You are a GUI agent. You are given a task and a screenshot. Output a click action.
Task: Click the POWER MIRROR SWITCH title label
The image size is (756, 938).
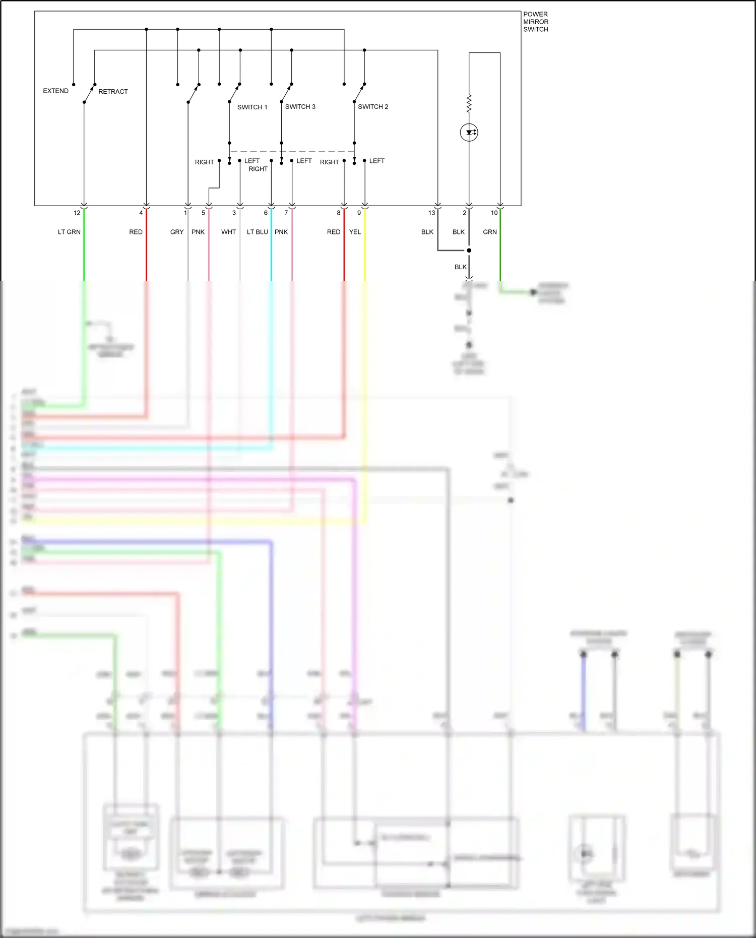click(x=535, y=22)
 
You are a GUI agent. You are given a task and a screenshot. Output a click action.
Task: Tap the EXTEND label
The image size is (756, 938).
click(x=55, y=91)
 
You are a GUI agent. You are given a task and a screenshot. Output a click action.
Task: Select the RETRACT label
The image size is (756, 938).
click(x=113, y=91)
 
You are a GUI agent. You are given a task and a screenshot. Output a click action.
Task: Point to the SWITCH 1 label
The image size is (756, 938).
click(x=252, y=107)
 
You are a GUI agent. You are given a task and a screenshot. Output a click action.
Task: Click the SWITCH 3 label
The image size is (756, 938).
click(x=300, y=106)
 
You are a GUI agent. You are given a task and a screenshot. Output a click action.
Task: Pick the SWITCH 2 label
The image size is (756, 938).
click(x=373, y=106)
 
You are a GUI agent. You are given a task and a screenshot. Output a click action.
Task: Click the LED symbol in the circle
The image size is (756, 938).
click(x=469, y=133)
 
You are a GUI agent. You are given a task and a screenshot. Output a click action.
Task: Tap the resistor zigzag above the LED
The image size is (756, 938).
click(x=469, y=103)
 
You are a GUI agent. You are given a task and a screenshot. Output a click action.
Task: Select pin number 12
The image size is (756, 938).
click(x=77, y=213)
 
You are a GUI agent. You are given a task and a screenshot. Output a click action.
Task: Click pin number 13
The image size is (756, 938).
click(x=431, y=213)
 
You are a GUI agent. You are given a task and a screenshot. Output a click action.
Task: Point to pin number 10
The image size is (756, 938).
click(x=494, y=213)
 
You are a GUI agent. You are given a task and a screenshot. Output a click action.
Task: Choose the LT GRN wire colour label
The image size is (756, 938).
click(x=69, y=232)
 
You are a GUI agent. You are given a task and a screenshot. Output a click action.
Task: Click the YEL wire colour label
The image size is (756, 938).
click(x=355, y=232)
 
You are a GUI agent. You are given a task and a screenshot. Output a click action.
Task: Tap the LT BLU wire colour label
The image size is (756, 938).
click(x=257, y=232)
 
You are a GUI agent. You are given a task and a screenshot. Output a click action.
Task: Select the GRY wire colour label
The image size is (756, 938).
click(x=177, y=232)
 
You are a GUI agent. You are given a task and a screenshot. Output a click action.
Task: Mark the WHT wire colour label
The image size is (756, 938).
click(x=228, y=232)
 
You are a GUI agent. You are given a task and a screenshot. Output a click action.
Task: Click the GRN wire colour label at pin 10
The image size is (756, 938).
click(x=489, y=232)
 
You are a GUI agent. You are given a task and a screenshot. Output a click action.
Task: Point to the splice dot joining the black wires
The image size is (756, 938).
click(x=469, y=251)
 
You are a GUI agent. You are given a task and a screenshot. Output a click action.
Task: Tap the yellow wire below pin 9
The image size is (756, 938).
click(x=365, y=252)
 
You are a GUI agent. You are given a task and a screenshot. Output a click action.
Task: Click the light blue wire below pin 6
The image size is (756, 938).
click(x=271, y=252)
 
